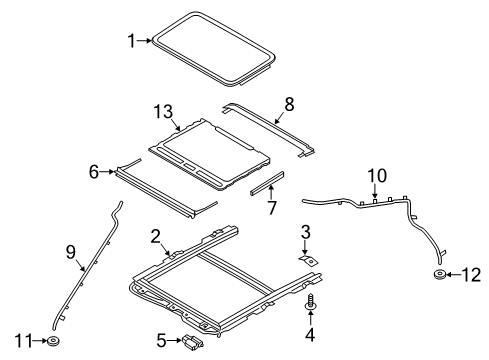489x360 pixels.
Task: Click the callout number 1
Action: [130, 41]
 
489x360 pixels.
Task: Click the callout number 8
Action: [290, 102]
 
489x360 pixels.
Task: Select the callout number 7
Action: [270, 208]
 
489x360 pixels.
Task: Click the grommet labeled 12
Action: [440, 275]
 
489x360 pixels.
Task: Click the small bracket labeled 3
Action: [311, 259]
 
